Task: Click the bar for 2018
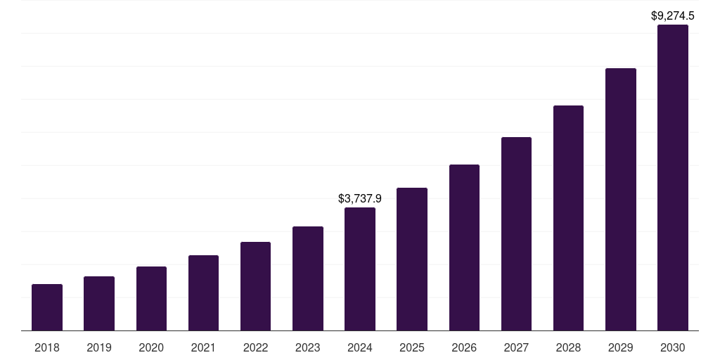tap(47, 307)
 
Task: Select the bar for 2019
tap(99, 303)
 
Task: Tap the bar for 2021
tap(203, 292)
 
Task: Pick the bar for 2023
tap(308, 278)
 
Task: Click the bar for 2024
tap(360, 269)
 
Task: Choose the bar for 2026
tap(464, 247)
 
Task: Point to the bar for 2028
tap(568, 218)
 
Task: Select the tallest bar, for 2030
tap(673, 178)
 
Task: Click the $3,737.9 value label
tap(360, 199)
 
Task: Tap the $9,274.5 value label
tap(673, 15)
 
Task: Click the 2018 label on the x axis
tap(47, 347)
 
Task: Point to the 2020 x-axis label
tap(151, 347)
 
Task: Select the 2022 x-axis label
tap(255, 347)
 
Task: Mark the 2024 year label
tap(360, 347)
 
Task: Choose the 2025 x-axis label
tap(412, 347)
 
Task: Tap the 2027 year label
tap(516, 347)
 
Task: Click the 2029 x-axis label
tap(621, 347)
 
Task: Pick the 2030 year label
tap(673, 347)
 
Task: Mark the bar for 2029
tap(621, 199)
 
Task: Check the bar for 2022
tap(255, 286)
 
